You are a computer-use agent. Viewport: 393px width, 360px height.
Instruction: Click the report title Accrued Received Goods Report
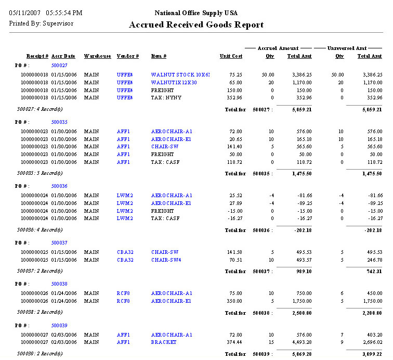(196, 24)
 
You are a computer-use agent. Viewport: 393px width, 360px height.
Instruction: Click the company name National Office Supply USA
(196, 12)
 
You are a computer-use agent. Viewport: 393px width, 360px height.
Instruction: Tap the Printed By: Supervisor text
(42, 23)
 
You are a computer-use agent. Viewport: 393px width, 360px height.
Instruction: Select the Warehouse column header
(97, 56)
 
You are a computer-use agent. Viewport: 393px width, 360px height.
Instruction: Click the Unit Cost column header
(231, 56)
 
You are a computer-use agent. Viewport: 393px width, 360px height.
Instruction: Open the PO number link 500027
(59, 66)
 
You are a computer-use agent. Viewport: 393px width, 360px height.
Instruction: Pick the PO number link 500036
(59, 186)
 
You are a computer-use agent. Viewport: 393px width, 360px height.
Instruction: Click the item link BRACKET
(164, 342)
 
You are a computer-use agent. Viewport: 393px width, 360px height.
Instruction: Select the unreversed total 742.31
(372, 272)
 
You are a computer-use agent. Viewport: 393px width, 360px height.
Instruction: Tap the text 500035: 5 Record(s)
(40, 173)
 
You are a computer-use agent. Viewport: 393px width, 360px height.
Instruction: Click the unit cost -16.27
(234, 219)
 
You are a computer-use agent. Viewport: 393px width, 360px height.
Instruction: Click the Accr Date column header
(63, 56)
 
